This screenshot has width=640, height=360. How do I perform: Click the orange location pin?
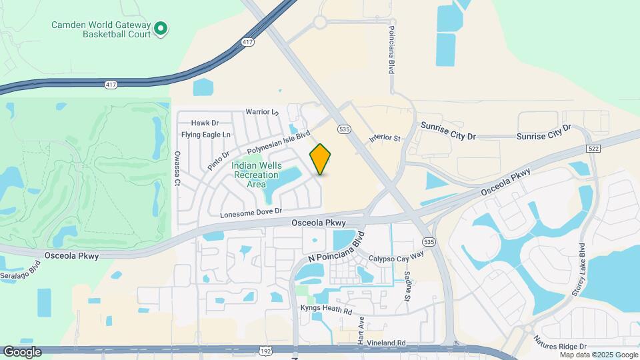click(x=321, y=159)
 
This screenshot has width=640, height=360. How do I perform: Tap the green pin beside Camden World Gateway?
click(x=161, y=29)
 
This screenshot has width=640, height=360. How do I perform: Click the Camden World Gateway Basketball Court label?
click(x=101, y=29)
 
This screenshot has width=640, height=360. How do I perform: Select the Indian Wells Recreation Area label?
click(x=257, y=175)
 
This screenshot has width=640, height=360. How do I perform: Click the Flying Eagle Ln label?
click(x=206, y=135)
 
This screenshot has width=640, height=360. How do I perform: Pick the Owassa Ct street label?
click(x=177, y=168)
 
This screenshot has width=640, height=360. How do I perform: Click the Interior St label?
click(x=387, y=138)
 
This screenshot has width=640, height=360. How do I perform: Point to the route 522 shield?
click(x=591, y=148)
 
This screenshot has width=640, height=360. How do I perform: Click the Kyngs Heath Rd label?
click(x=327, y=311)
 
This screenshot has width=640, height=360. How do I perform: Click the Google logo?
click(x=22, y=351)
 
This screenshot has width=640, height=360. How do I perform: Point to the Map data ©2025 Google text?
click(x=598, y=355)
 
